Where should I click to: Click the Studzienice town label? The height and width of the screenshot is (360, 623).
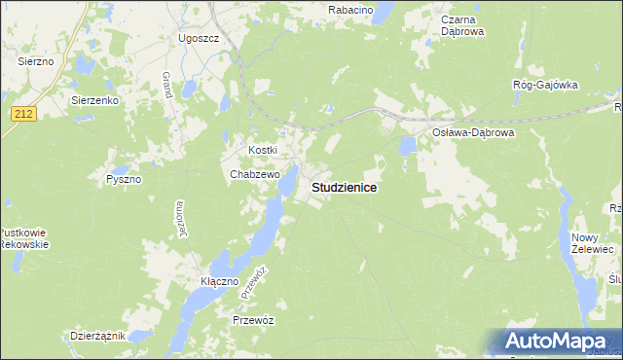point(344,187)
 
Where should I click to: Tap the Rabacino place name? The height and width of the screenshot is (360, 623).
point(351,9)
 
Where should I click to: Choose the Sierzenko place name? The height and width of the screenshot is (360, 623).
point(94,99)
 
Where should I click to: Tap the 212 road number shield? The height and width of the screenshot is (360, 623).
point(24,115)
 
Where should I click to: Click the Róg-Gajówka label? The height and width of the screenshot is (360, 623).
point(545,85)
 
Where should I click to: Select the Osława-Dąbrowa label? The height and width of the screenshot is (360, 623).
point(472,131)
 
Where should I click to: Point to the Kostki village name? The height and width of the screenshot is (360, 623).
point(263,150)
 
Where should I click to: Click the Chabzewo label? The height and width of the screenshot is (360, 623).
point(255,175)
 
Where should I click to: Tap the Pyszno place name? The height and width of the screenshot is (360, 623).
point(125,180)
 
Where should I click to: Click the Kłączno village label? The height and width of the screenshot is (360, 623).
point(219,281)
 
